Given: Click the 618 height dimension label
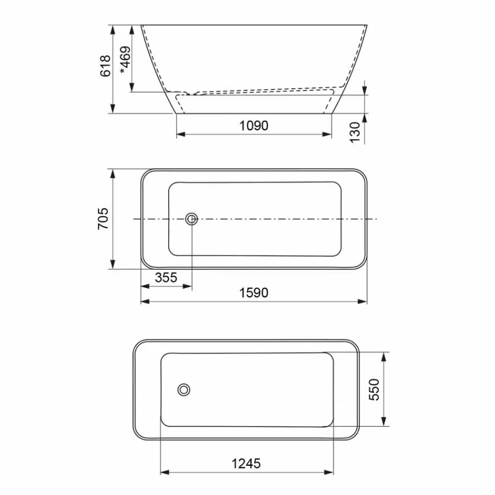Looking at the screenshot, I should [106, 66].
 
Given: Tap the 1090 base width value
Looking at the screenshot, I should [254, 125].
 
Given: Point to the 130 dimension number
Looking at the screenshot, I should [355, 132].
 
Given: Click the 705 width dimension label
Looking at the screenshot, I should [103, 219].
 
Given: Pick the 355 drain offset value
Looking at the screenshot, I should [166, 278].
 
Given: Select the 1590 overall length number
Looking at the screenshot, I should [254, 293].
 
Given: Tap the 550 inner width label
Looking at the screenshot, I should [374, 389].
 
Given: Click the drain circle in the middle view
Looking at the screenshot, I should [191, 219].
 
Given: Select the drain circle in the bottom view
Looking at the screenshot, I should [184, 389].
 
